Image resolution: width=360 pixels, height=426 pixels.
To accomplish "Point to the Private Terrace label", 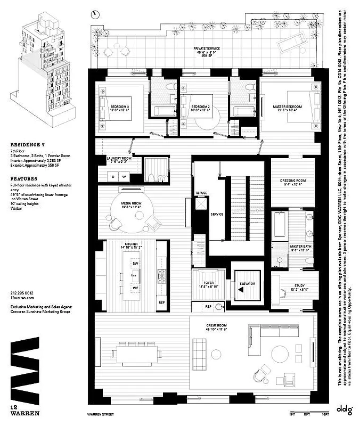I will pyautogui.click(x=207, y=48).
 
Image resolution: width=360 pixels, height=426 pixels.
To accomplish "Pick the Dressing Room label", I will pyautogui.click(x=292, y=181).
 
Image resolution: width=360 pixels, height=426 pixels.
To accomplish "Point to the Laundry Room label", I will pyautogui.click(x=119, y=158).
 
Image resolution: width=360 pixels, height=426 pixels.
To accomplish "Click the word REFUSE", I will pyautogui.click(x=201, y=192).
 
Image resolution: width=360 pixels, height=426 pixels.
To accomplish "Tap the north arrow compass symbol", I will pyautogui.click(x=95, y=14).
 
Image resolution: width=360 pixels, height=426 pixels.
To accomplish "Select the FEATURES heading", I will pyautogui.click(x=24, y=179).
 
